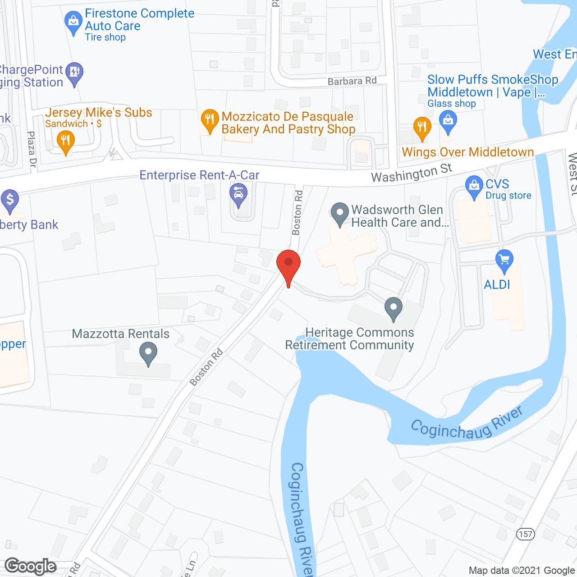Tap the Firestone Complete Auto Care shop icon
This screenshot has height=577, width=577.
point(73,22)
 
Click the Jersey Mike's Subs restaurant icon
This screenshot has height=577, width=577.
point(66,141)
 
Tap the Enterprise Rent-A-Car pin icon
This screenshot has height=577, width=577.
point(238,194)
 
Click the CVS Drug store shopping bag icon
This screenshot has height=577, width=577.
point(474,186)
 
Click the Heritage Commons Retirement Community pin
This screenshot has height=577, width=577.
point(394,308)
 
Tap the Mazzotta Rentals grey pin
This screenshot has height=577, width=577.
point(148,353)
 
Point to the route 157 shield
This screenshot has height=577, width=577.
point(525,534)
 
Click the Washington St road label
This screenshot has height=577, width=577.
point(411,173)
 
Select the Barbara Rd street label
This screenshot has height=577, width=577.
point(352,81)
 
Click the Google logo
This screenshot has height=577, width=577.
point(31,566)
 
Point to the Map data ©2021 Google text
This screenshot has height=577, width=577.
point(522,570)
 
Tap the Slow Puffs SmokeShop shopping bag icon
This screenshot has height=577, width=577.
point(448,122)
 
